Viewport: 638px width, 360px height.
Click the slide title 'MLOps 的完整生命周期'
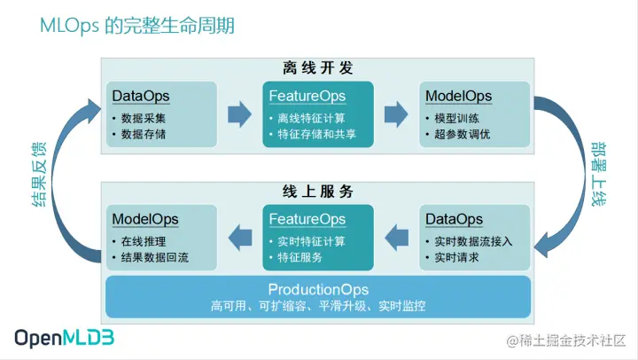pos(137,25)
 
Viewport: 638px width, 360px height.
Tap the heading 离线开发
pos(319,67)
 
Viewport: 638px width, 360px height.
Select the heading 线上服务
pos(319,192)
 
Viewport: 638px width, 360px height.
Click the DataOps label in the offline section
pos(141,96)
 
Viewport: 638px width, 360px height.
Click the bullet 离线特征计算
pos(311,118)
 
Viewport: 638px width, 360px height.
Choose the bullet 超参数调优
pos(461,135)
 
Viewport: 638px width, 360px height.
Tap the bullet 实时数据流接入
pos(475,241)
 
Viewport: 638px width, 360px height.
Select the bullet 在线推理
pos(143,241)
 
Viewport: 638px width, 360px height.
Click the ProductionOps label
pos(318,290)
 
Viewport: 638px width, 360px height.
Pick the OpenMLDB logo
pos(64,338)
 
